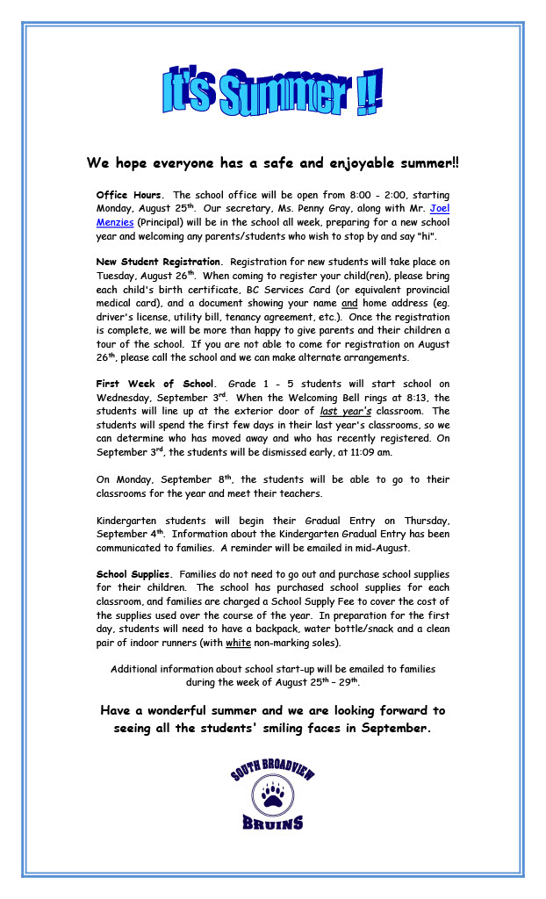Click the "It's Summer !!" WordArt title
(272, 92)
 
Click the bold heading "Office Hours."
(129, 194)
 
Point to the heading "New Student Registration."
(159, 262)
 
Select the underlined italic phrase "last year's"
(346, 411)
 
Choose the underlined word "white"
(238, 643)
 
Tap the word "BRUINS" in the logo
(273, 823)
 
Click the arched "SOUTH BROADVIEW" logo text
(272, 770)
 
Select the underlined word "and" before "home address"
(349, 303)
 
